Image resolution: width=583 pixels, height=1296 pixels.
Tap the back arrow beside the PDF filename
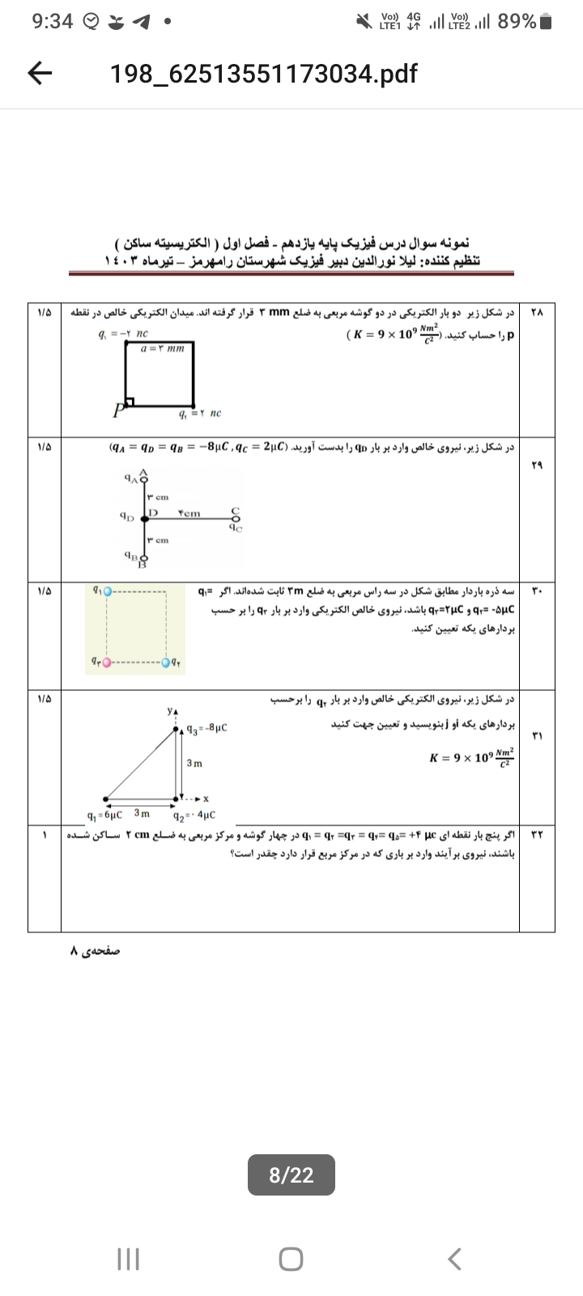(x=40, y=75)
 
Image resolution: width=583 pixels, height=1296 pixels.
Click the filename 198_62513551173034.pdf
(x=263, y=75)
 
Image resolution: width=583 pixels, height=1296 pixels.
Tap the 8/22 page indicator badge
(x=291, y=1174)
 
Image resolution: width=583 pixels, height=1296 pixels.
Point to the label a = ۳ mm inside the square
(x=163, y=348)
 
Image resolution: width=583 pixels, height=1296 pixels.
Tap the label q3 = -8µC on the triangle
(x=206, y=727)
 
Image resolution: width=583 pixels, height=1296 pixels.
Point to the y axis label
(x=170, y=710)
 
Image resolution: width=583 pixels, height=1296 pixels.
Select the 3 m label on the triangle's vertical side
(x=194, y=763)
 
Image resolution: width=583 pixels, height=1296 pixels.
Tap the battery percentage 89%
(x=517, y=22)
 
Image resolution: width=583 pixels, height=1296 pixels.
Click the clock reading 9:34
(x=53, y=22)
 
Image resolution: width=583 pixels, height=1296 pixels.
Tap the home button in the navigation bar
(x=291, y=1259)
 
